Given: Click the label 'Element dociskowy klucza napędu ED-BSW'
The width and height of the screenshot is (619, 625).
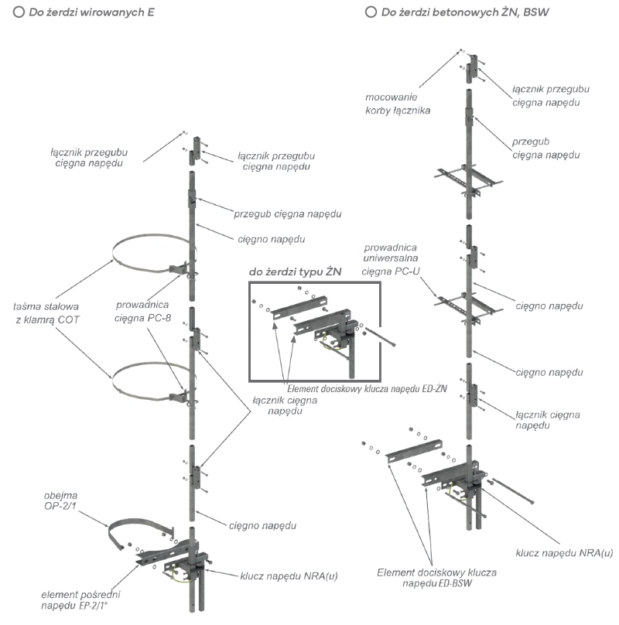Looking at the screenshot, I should [437, 579].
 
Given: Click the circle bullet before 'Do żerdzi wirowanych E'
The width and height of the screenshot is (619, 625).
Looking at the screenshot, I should [18, 14].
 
